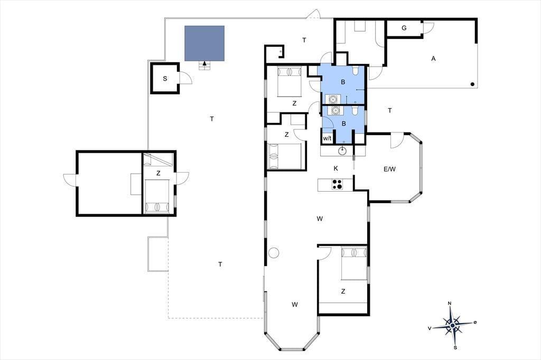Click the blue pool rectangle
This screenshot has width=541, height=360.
[204, 43]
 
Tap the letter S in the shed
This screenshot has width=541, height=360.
[165, 79]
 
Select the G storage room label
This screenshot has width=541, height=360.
[404, 28]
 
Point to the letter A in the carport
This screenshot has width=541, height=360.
[433, 59]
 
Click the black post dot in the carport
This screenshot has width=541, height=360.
[472, 84]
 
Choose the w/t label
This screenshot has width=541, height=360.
[327, 139]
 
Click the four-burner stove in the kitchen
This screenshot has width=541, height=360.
[337, 184]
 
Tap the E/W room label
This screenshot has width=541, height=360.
[389, 169]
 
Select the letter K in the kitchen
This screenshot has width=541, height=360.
[335, 168]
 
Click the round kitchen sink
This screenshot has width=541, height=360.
[342, 150]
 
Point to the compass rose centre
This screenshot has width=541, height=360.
[452, 325]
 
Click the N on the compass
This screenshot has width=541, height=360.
[450, 304]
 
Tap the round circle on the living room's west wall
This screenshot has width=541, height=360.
[274, 253]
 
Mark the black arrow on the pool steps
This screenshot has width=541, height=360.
[204, 63]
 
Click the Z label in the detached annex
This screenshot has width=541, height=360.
[158, 173]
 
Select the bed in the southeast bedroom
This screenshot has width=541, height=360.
[354, 263]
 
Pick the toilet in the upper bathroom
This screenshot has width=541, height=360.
[356, 70]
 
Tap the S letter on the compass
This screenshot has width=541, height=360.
[455, 347]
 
